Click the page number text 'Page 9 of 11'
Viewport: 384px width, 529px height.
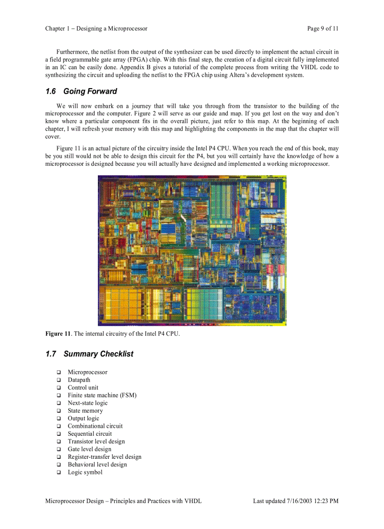pyautogui.click(x=323, y=29)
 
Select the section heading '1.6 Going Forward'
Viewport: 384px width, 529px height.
pyautogui.click(x=81, y=91)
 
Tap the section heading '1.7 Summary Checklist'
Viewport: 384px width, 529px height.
pyautogui.click(x=89, y=354)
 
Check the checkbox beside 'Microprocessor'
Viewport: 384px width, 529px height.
pyautogui.click(x=59, y=373)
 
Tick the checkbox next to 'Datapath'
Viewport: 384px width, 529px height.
pyautogui.click(x=59, y=380)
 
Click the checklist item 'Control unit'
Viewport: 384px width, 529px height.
pyautogui.click(x=83, y=388)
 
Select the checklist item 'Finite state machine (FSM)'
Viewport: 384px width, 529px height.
pyautogui.click(x=102, y=395)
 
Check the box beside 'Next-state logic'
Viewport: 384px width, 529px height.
pyautogui.click(x=59, y=403)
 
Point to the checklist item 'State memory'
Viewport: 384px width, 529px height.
pyautogui.click(x=85, y=411)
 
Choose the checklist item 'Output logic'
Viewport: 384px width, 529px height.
pyautogui.click(x=83, y=418)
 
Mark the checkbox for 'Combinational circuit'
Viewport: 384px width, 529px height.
pyautogui.click(x=59, y=426)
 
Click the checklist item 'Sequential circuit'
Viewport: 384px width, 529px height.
pyautogui.click(x=89, y=434)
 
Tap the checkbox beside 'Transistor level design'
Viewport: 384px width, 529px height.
pyautogui.click(x=59, y=442)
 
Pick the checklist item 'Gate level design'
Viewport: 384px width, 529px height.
pyautogui.click(x=89, y=449)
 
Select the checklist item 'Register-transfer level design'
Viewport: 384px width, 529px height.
pyautogui.click(x=104, y=457)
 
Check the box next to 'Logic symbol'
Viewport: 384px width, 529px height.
pyautogui.click(x=59, y=472)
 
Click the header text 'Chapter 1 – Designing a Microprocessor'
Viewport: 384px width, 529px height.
pyautogui.click(x=96, y=29)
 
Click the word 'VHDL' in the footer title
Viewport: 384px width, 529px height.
pyautogui.click(x=193, y=501)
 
